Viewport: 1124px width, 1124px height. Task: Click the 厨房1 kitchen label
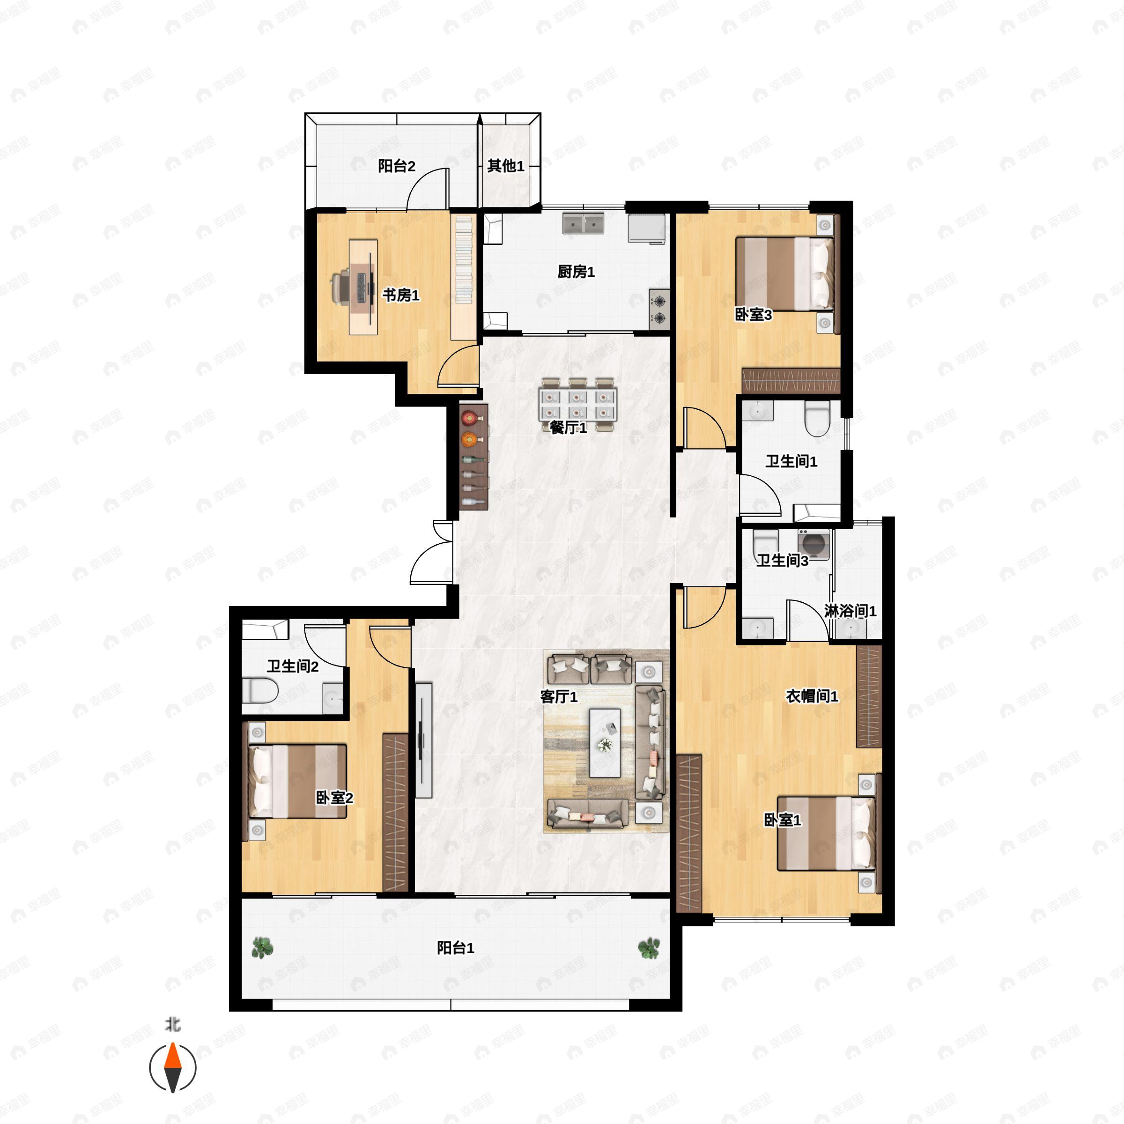pos(576,272)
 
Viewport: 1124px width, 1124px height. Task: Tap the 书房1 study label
pos(400,295)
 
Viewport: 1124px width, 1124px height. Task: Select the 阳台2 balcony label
pos(396,166)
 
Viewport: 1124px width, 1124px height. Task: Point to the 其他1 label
pos(506,166)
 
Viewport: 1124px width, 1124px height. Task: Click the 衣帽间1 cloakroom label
pos(812,696)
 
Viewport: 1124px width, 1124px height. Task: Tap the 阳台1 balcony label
pos(456,948)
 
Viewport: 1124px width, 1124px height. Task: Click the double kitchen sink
pos(583,223)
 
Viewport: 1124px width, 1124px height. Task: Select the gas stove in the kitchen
pos(659,310)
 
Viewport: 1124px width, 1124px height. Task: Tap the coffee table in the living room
pos(605,743)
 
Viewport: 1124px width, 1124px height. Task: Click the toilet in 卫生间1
pos(817,419)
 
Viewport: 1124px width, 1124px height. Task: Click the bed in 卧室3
pos(785,274)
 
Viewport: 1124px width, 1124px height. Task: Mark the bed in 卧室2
pos(298,781)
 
